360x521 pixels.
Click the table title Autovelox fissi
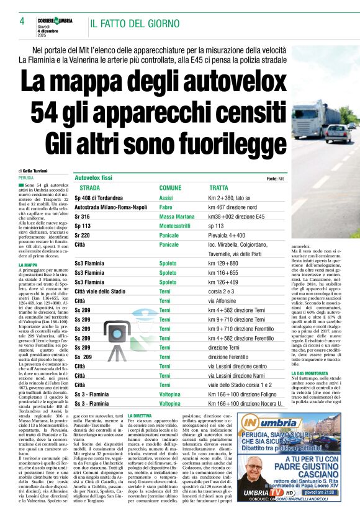tap(96, 177)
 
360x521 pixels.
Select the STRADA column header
tap(89, 187)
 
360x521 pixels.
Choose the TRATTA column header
tap(218, 187)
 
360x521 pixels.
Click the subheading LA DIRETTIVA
tap(140, 414)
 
